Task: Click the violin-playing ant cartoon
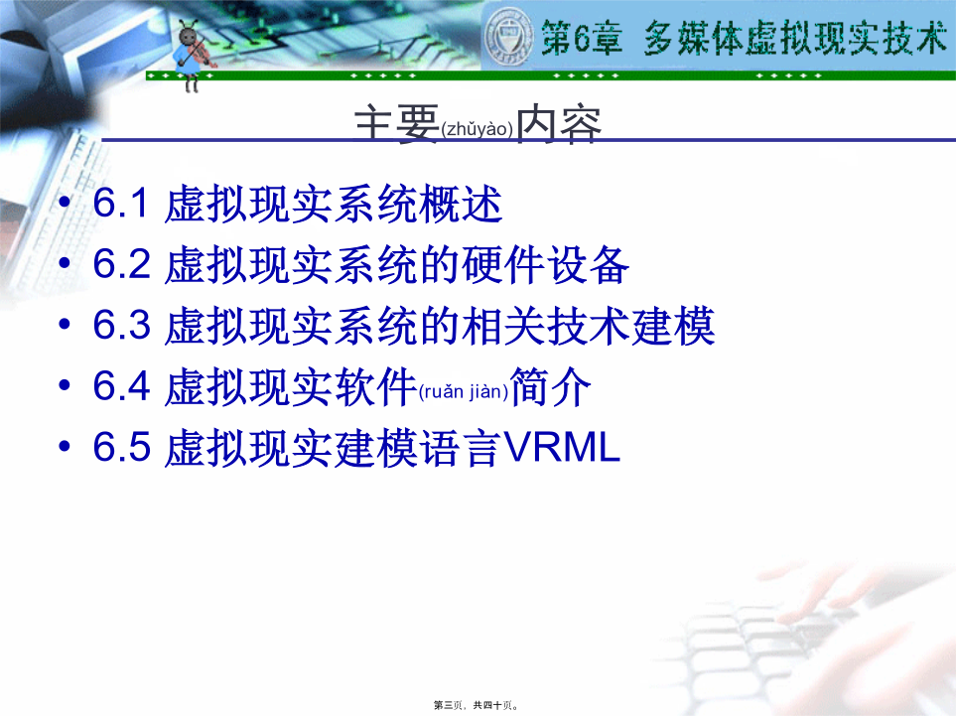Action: coord(194,55)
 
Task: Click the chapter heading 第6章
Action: coord(582,37)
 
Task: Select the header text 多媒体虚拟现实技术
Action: coord(795,37)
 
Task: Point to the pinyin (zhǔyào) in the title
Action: coord(477,129)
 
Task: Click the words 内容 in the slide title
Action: coord(559,124)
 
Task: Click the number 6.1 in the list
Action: coord(121,203)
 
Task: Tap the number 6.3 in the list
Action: coord(121,325)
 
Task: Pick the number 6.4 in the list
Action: coord(121,385)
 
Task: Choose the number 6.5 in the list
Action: coord(121,447)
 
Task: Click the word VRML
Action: coord(562,447)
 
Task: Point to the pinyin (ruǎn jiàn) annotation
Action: coord(464,391)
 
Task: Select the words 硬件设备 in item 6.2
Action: coord(545,265)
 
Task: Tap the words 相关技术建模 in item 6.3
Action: coord(588,326)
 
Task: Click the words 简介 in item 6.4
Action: coord(551,386)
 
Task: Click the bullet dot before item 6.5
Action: coord(65,447)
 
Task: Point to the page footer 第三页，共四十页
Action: coord(477,705)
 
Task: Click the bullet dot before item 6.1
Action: coord(65,203)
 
